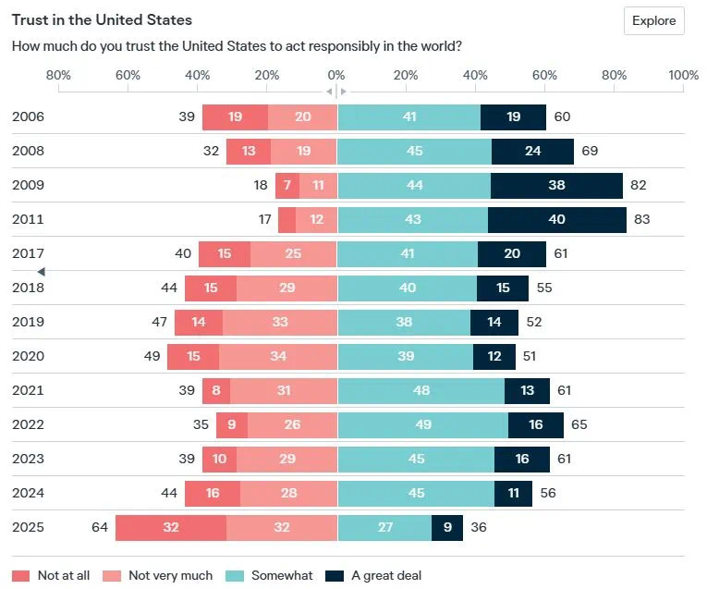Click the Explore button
(x=653, y=20)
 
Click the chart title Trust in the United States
(x=102, y=19)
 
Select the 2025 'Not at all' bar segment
(x=170, y=527)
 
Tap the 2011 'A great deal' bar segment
(x=557, y=219)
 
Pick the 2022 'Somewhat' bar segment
(x=422, y=424)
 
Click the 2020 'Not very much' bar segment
(x=278, y=356)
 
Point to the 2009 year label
(x=28, y=185)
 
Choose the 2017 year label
(x=28, y=253)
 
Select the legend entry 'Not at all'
(x=53, y=575)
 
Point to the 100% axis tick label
(x=683, y=75)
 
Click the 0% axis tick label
(x=336, y=75)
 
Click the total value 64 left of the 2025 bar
(x=100, y=527)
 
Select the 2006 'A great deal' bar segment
(x=514, y=117)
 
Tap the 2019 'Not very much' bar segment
(x=280, y=322)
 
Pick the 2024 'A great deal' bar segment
(x=513, y=493)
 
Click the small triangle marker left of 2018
(x=41, y=271)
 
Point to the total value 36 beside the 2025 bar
(x=479, y=527)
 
